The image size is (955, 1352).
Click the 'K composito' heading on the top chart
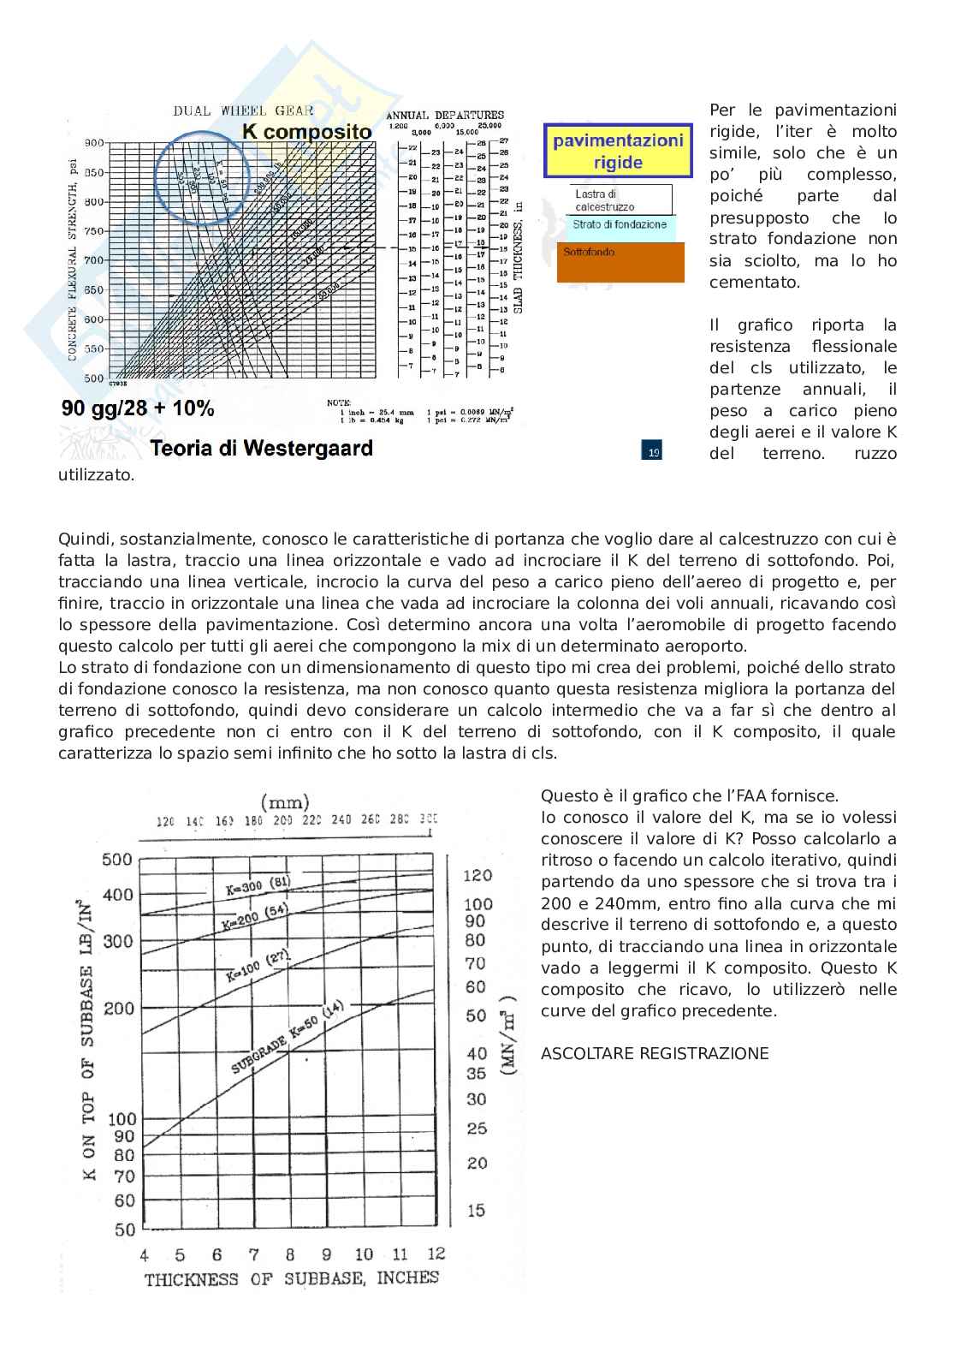coord(307,132)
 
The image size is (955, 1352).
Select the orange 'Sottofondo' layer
coord(620,262)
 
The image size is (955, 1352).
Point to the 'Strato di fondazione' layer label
coord(620,225)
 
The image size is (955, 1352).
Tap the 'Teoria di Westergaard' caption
coord(261,448)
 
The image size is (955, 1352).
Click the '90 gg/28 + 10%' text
coord(138,409)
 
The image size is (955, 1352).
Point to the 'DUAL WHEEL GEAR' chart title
coord(243,110)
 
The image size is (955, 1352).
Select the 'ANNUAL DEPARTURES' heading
coord(445,115)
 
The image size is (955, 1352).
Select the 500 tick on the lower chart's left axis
coord(117,860)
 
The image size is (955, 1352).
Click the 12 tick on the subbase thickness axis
coord(436,1253)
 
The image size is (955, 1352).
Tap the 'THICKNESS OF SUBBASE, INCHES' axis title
coord(291,1278)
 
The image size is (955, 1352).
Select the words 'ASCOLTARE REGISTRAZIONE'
coord(655,1053)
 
